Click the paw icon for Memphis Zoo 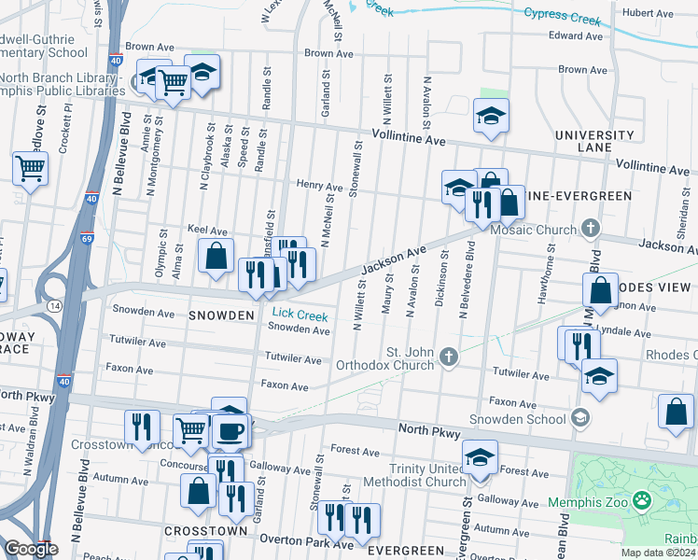click(641, 501)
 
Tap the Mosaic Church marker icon click(589, 227)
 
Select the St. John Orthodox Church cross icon click(449, 355)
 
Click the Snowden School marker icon click(580, 416)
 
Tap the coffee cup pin click(230, 431)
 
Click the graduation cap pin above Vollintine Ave click(491, 116)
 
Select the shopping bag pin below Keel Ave click(216, 255)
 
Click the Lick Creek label click(293, 315)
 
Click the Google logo click(31, 549)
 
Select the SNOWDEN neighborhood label click(222, 316)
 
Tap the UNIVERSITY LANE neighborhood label click(594, 142)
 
